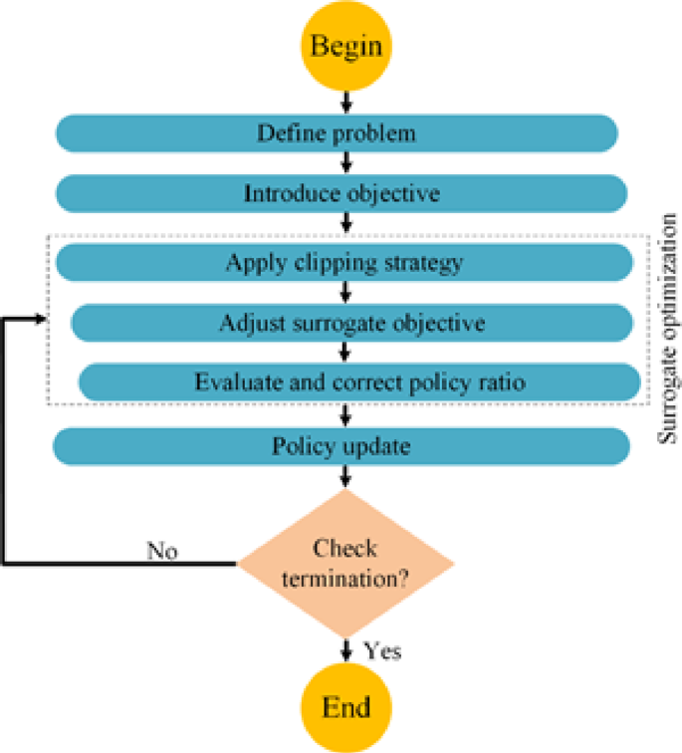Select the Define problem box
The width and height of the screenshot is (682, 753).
pos(337,131)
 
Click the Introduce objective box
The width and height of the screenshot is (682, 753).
pos(341,192)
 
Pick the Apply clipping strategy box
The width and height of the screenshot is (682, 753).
pos(343,262)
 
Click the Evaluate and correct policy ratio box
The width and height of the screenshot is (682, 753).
pos(358,381)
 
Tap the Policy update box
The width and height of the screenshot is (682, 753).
pos(341,446)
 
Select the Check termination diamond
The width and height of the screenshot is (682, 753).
pos(344,562)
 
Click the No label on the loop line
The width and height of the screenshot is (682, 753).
pos(162,550)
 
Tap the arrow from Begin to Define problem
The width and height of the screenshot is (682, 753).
pos(344,102)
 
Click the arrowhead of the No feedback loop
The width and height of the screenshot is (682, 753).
pos(40,320)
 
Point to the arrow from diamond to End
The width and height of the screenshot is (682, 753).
pos(344,648)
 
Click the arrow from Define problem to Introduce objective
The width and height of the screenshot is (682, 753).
pos(344,162)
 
